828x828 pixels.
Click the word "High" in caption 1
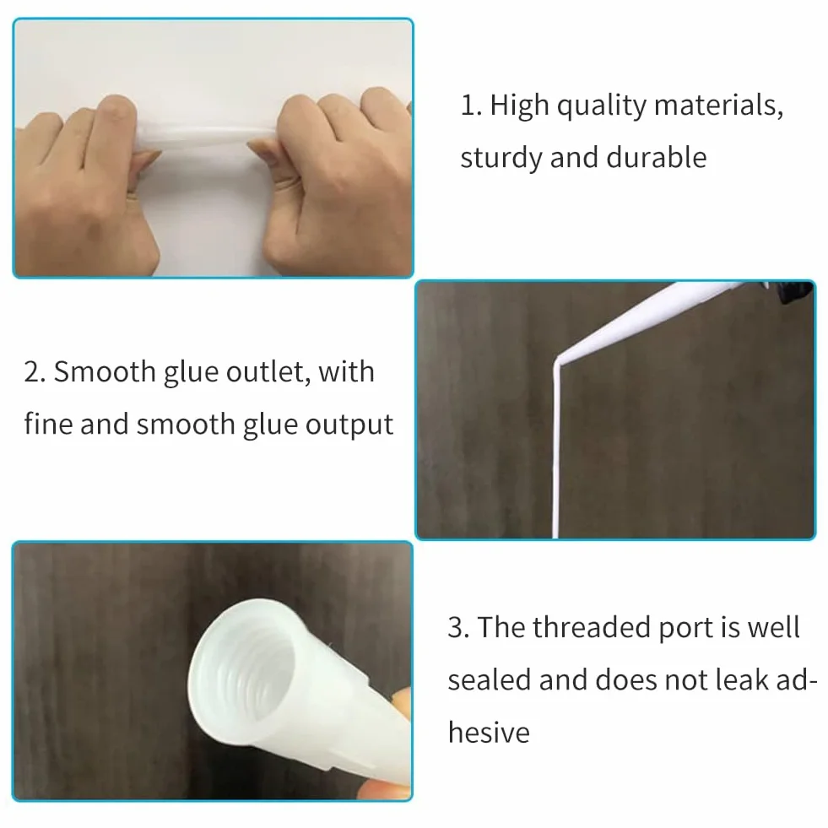[x=519, y=106]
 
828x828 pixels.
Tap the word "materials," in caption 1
[x=718, y=106]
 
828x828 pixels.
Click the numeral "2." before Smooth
[x=35, y=371]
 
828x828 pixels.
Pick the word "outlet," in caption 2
[x=268, y=371]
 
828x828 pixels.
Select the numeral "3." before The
[x=458, y=628]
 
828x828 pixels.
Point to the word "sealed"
[x=489, y=679]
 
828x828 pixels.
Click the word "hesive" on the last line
[x=489, y=733]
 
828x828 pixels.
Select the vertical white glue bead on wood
[x=555, y=449]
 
